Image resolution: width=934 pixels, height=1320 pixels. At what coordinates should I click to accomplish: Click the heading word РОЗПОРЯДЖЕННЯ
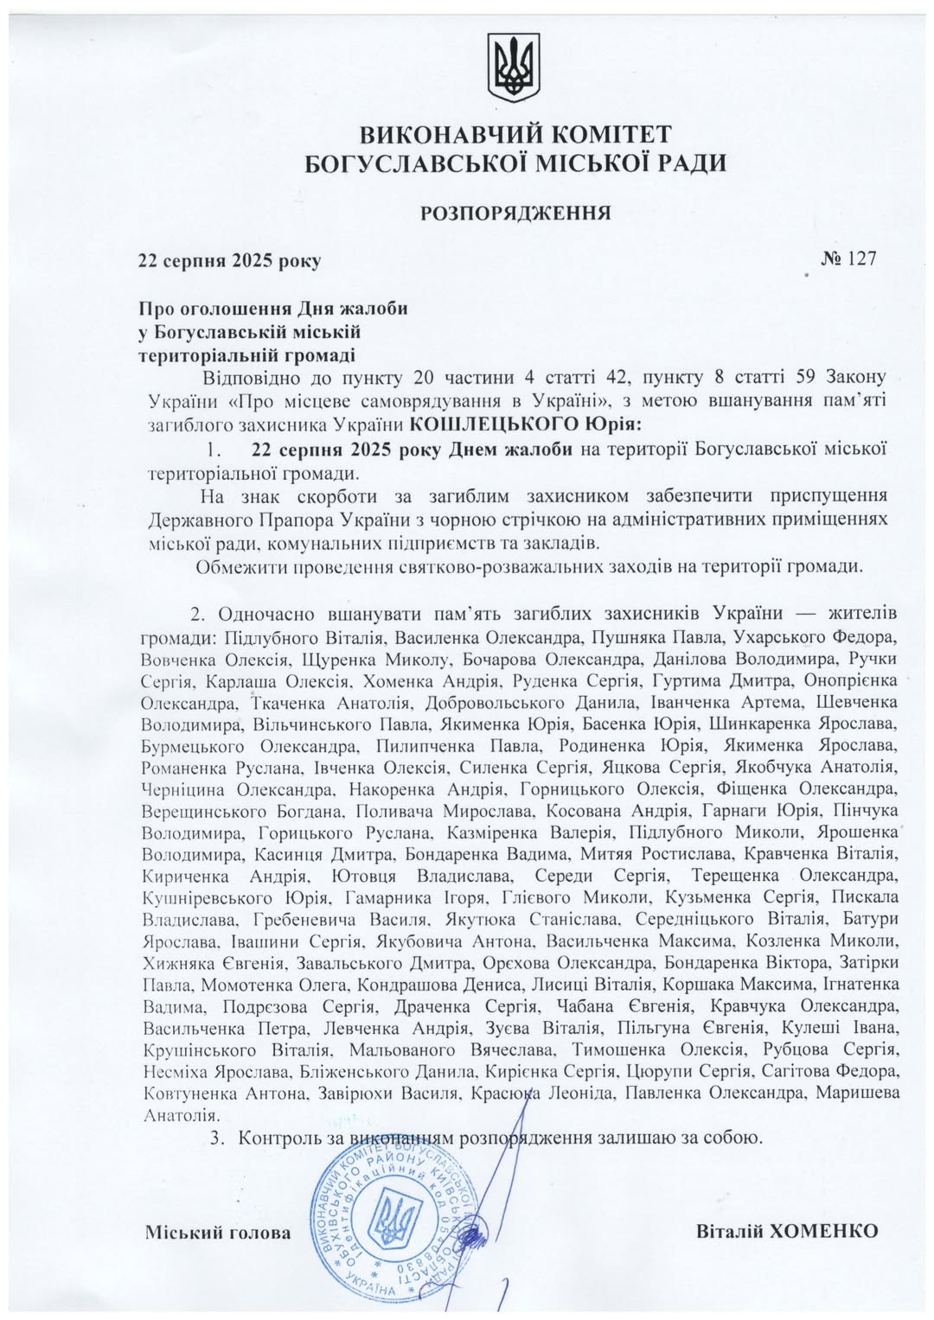pos(516,213)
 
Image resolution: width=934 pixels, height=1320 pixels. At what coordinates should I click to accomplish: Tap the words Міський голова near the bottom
pos(218,1232)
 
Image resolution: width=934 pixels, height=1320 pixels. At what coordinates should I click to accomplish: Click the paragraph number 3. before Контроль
pos(217,1137)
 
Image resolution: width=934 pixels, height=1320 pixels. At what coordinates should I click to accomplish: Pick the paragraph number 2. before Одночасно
pos(198,615)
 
